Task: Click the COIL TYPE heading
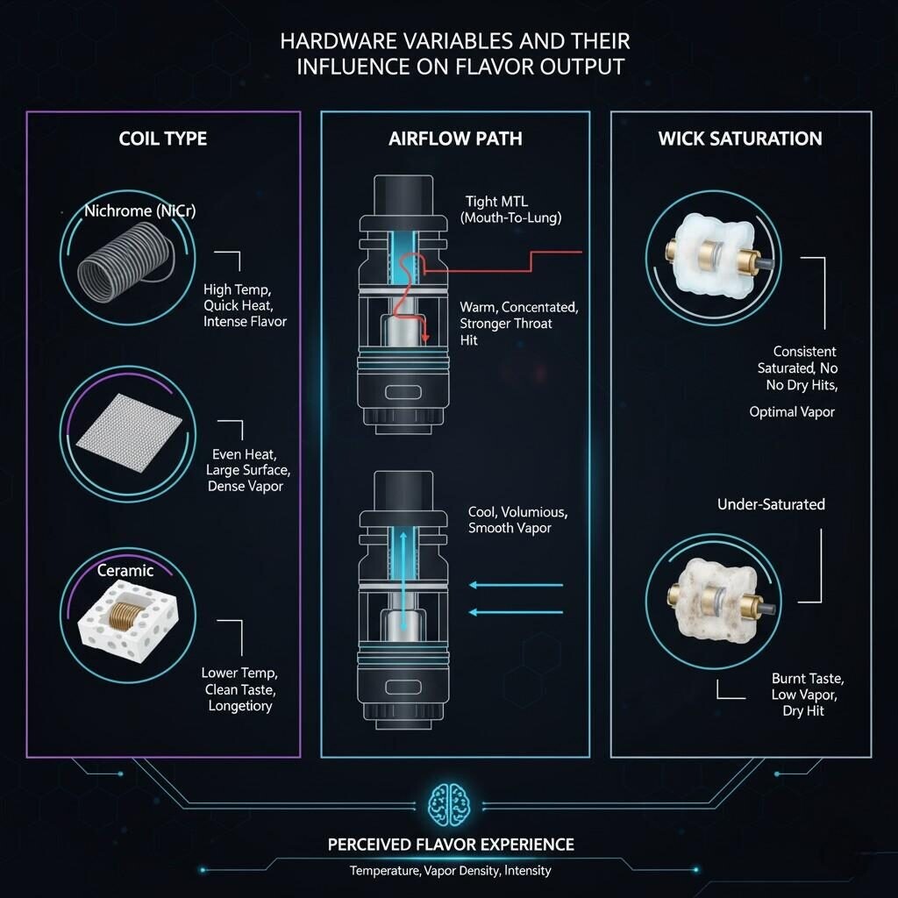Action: pos(163,139)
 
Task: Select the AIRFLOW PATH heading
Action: pos(454,139)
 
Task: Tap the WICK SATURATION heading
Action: pos(740,139)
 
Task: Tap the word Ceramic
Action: pos(125,571)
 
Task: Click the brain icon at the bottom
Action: pos(450,803)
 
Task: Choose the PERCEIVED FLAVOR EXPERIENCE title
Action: pos(451,845)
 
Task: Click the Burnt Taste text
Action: pos(808,679)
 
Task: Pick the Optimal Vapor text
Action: pos(792,411)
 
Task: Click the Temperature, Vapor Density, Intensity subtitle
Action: pos(451,871)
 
